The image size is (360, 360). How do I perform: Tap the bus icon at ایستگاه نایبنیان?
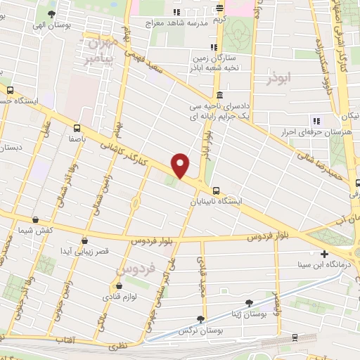point(216,190)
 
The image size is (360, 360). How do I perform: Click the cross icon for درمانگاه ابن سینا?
point(324,254)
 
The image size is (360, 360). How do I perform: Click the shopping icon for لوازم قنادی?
point(118,286)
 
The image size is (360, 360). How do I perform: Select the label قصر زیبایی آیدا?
point(84,251)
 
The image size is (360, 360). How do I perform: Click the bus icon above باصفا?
point(77,128)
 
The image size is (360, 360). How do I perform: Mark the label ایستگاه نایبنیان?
point(217,202)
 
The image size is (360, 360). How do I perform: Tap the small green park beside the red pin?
point(172,182)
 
